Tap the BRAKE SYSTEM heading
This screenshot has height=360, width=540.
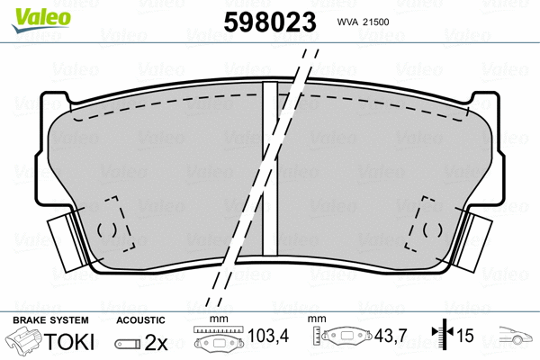[50, 320]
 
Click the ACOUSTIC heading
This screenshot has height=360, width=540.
[141, 320]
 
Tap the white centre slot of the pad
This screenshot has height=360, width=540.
[268, 171]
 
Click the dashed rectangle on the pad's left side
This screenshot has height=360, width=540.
[115, 225]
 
